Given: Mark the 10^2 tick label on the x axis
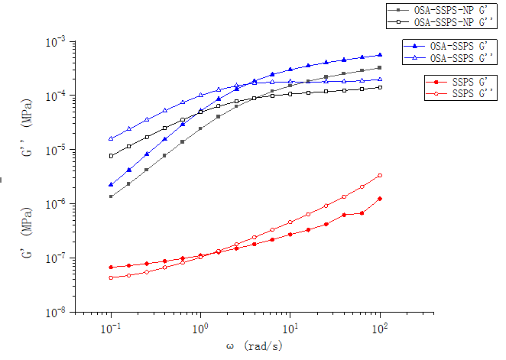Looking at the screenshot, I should coord(380,330).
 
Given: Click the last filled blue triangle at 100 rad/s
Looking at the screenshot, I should coord(380,55).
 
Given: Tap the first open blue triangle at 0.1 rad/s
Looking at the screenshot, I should coord(111,138).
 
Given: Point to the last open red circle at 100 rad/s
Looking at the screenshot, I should coord(380,176).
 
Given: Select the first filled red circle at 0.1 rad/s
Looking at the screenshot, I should coord(111,267).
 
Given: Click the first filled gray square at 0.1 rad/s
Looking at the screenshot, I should coord(111,196).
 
